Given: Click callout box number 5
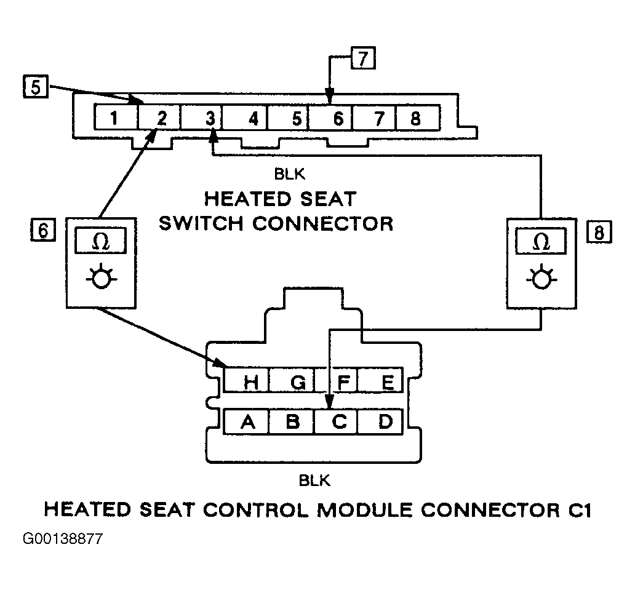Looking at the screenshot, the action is tap(36, 87).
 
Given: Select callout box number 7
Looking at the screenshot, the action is tap(363, 58).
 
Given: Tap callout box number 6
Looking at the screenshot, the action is tap(43, 229).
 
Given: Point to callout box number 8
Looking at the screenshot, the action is tap(599, 232).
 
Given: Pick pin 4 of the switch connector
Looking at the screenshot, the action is tap(245, 118).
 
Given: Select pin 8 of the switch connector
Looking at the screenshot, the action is tap(418, 118).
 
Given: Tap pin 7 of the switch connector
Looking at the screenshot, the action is tap(373, 118).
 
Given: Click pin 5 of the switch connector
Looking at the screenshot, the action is tap(288, 118).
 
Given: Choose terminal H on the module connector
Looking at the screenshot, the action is tap(246, 380).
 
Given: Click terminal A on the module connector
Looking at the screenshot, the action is tap(246, 422).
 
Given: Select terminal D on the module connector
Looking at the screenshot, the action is tap(380, 422).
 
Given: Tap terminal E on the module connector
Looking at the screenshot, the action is tap(380, 380).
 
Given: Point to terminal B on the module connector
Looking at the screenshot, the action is tap(291, 422).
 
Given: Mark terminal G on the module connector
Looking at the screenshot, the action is tap(291, 380).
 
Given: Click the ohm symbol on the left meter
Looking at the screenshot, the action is tap(101, 242).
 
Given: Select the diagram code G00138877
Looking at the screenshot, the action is tap(63, 539).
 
